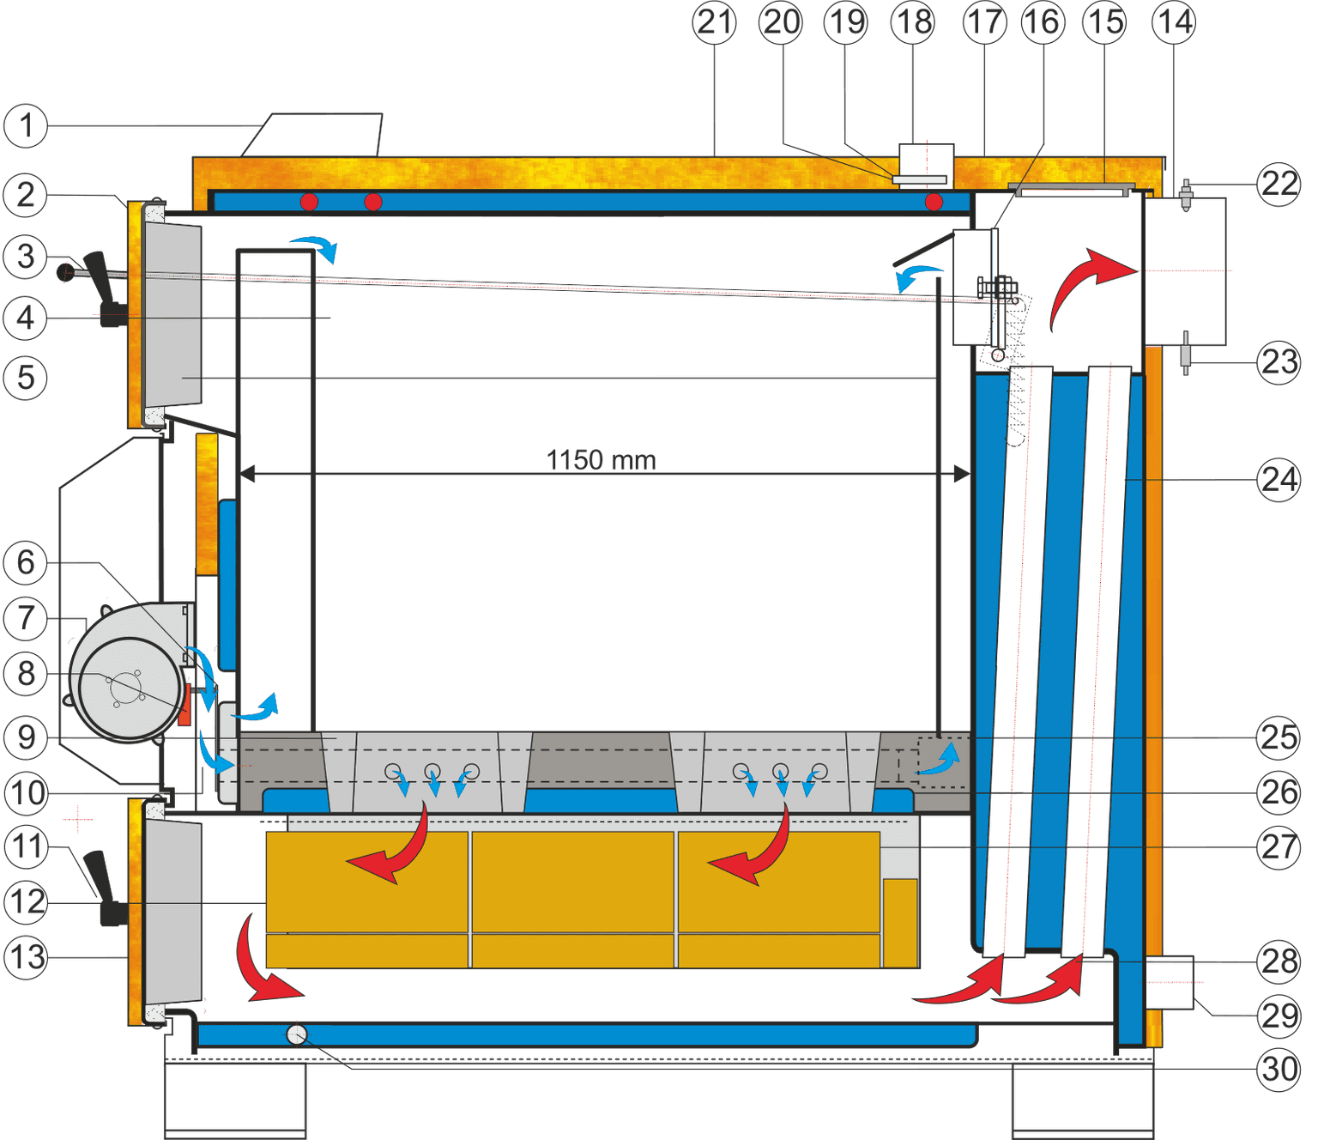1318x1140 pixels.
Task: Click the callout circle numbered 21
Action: [x=714, y=23]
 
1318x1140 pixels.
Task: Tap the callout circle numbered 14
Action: [x=1174, y=23]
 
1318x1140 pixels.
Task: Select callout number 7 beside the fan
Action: [x=26, y=618]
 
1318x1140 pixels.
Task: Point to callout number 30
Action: [x=1279, y=1069]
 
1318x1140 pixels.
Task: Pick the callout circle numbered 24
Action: [x=1279, y=480]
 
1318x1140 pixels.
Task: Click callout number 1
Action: [x=26, y=125]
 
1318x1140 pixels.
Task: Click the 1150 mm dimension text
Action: [x=601, y=459]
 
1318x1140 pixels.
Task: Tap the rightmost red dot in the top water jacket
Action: [x=934, y=203]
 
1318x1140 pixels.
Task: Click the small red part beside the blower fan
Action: [x=184, y=704]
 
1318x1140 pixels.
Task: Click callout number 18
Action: [x=912, y=23]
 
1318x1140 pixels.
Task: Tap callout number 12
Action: [x=26, y=902]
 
